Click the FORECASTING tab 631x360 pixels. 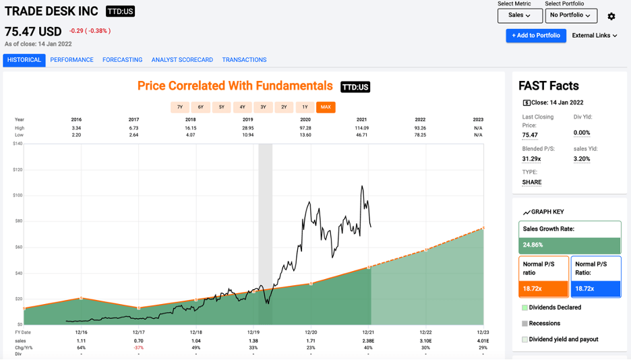point(122,60)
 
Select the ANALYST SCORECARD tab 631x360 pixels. point(182,60)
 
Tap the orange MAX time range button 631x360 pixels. point(326,107)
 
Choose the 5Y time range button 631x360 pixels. point(221,107)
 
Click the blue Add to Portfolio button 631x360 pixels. point(536,36)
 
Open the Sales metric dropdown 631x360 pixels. point(519,15)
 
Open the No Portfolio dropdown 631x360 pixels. point(570,15)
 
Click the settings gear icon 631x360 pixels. point(611,16)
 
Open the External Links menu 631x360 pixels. point(595,36)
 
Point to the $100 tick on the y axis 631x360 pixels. point(18,196)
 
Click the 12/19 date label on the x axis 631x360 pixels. point(253,332)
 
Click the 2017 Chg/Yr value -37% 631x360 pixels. point(139,348)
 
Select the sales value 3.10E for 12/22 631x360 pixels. point(425,342)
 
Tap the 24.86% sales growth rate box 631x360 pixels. point(570,245)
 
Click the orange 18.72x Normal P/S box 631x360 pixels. point(543,288)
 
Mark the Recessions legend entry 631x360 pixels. point(543,324)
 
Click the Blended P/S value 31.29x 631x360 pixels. point(531,159)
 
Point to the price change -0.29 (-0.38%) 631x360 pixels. point(90,31)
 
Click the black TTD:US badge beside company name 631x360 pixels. point(120,11)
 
